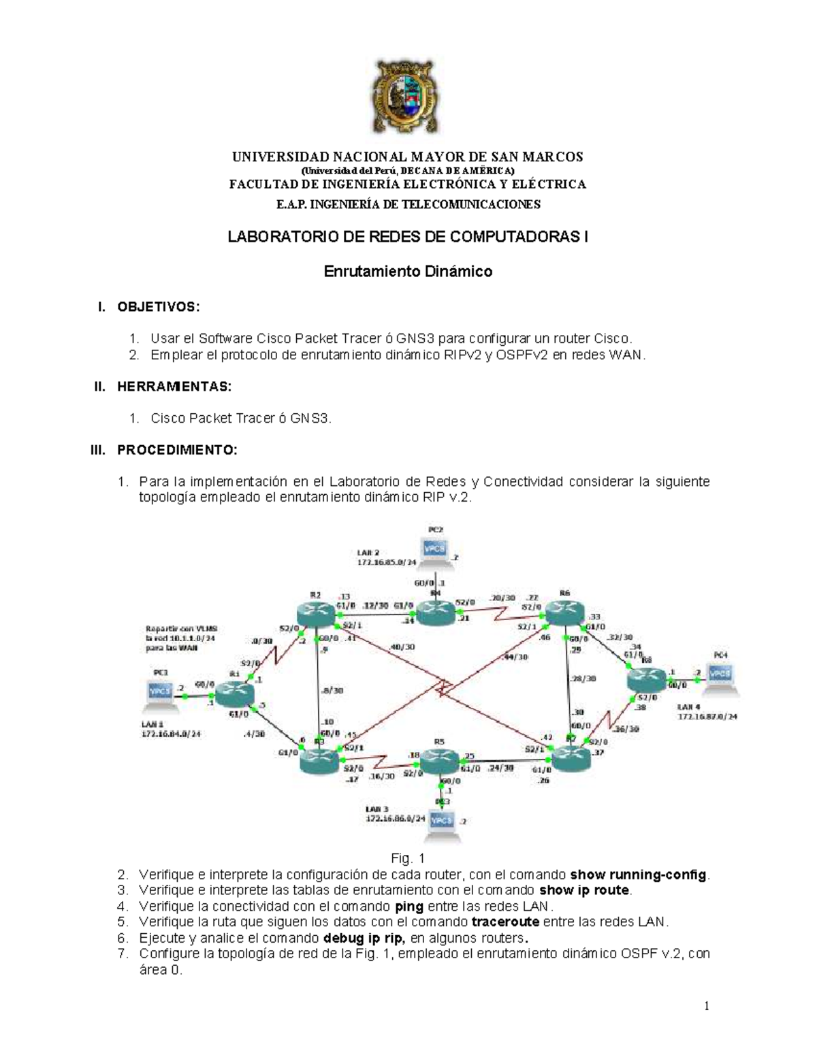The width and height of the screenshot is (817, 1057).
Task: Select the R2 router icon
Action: (x=317, y=615)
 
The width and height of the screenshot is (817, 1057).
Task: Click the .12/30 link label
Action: (x=376, y=605)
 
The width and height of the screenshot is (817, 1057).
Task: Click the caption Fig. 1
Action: (x=408, y=858)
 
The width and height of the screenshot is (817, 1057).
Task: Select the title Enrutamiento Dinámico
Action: (x=407, y=272)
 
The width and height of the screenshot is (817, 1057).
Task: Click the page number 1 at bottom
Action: (x=707, y=1006)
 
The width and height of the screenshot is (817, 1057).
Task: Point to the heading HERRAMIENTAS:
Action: (x=174, y=387)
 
